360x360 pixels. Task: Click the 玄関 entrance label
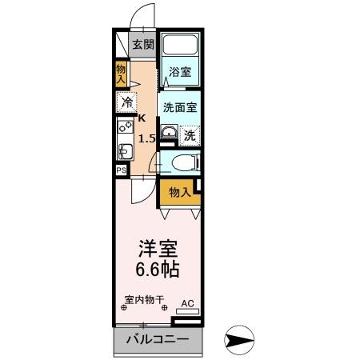[x=143, y=45]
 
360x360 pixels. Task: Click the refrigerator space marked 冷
[x=126, y=102]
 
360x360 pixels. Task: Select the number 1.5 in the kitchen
[x=146, y=138]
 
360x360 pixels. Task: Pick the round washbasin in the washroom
[x=168, y=133]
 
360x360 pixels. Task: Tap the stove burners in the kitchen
[x=124, y=126]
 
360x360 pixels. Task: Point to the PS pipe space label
[x=122, y=170]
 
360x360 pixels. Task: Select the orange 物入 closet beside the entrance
[x=122, y=74]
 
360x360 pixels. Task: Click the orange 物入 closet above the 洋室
[x=179, y=191]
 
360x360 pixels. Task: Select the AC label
[x=187, y=303]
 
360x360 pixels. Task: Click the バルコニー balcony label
[x=157, y=340]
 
